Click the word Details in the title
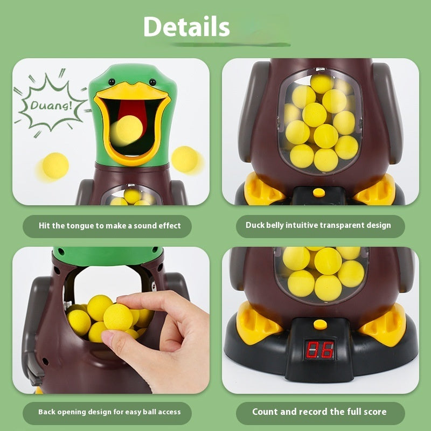pos(186,26)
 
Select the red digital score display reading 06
pos(319,350)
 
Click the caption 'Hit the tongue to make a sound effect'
pos(110,226)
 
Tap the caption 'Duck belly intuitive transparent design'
pos(318,225)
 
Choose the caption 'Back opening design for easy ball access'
pos(109,412)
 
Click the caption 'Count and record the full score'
pos(319,412)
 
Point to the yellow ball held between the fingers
pos(117,316)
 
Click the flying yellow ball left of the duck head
pos(55,165)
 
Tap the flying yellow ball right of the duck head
pos(186,159)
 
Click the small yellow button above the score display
pos(321,324)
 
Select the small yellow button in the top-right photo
pos(319,191)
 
